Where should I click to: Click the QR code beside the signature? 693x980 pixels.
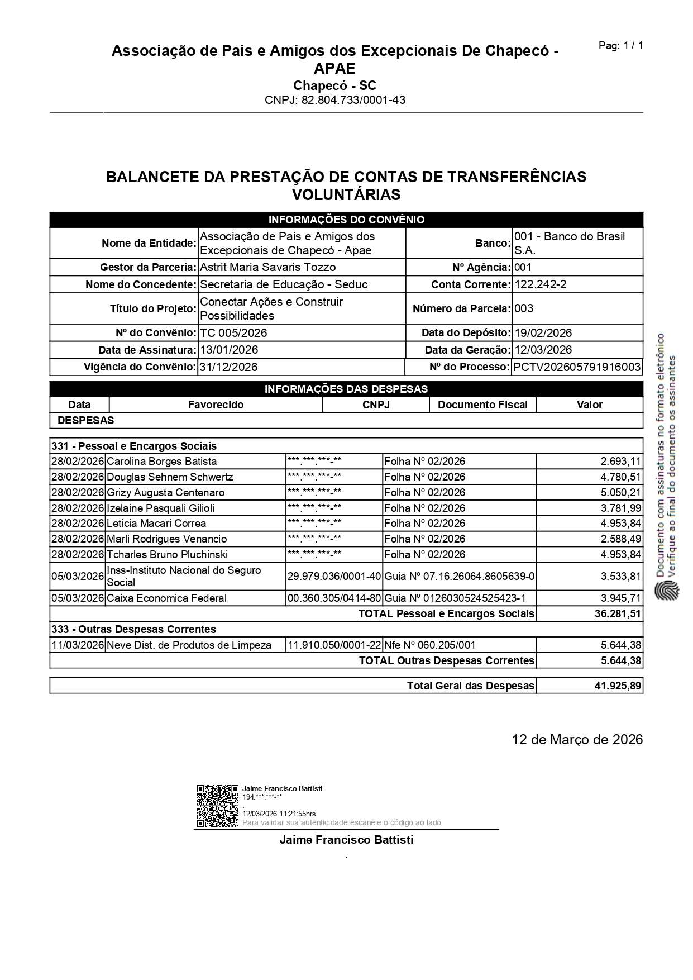coord(217,806)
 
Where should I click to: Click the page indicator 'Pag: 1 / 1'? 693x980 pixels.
coord(620,46)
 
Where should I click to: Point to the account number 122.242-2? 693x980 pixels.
coord(540,284)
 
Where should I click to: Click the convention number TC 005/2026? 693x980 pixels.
coord(233,333)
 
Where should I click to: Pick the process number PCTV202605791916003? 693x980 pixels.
coord(577,367)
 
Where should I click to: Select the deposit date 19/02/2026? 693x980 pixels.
coord(543,333)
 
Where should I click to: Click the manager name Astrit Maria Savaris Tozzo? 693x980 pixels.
coord(267,267)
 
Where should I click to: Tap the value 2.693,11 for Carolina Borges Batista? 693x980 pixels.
coord(621,462)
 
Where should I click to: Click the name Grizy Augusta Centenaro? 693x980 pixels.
coord(165,492)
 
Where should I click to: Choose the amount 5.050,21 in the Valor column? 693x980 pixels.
coord(621,492)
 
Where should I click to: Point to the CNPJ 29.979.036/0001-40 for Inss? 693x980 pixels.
coord(334,576)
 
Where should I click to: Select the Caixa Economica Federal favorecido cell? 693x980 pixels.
coord(166,598)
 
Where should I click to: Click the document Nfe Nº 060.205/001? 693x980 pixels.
coord(429,645)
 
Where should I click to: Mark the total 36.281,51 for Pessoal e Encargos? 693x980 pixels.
coord(618,613)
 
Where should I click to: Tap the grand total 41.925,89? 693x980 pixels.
coord(618,685)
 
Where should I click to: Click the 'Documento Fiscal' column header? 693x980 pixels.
coord(482,405)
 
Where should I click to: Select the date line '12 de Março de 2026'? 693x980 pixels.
coord(577,739)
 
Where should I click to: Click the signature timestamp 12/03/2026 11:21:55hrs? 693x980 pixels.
coord(279,814)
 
